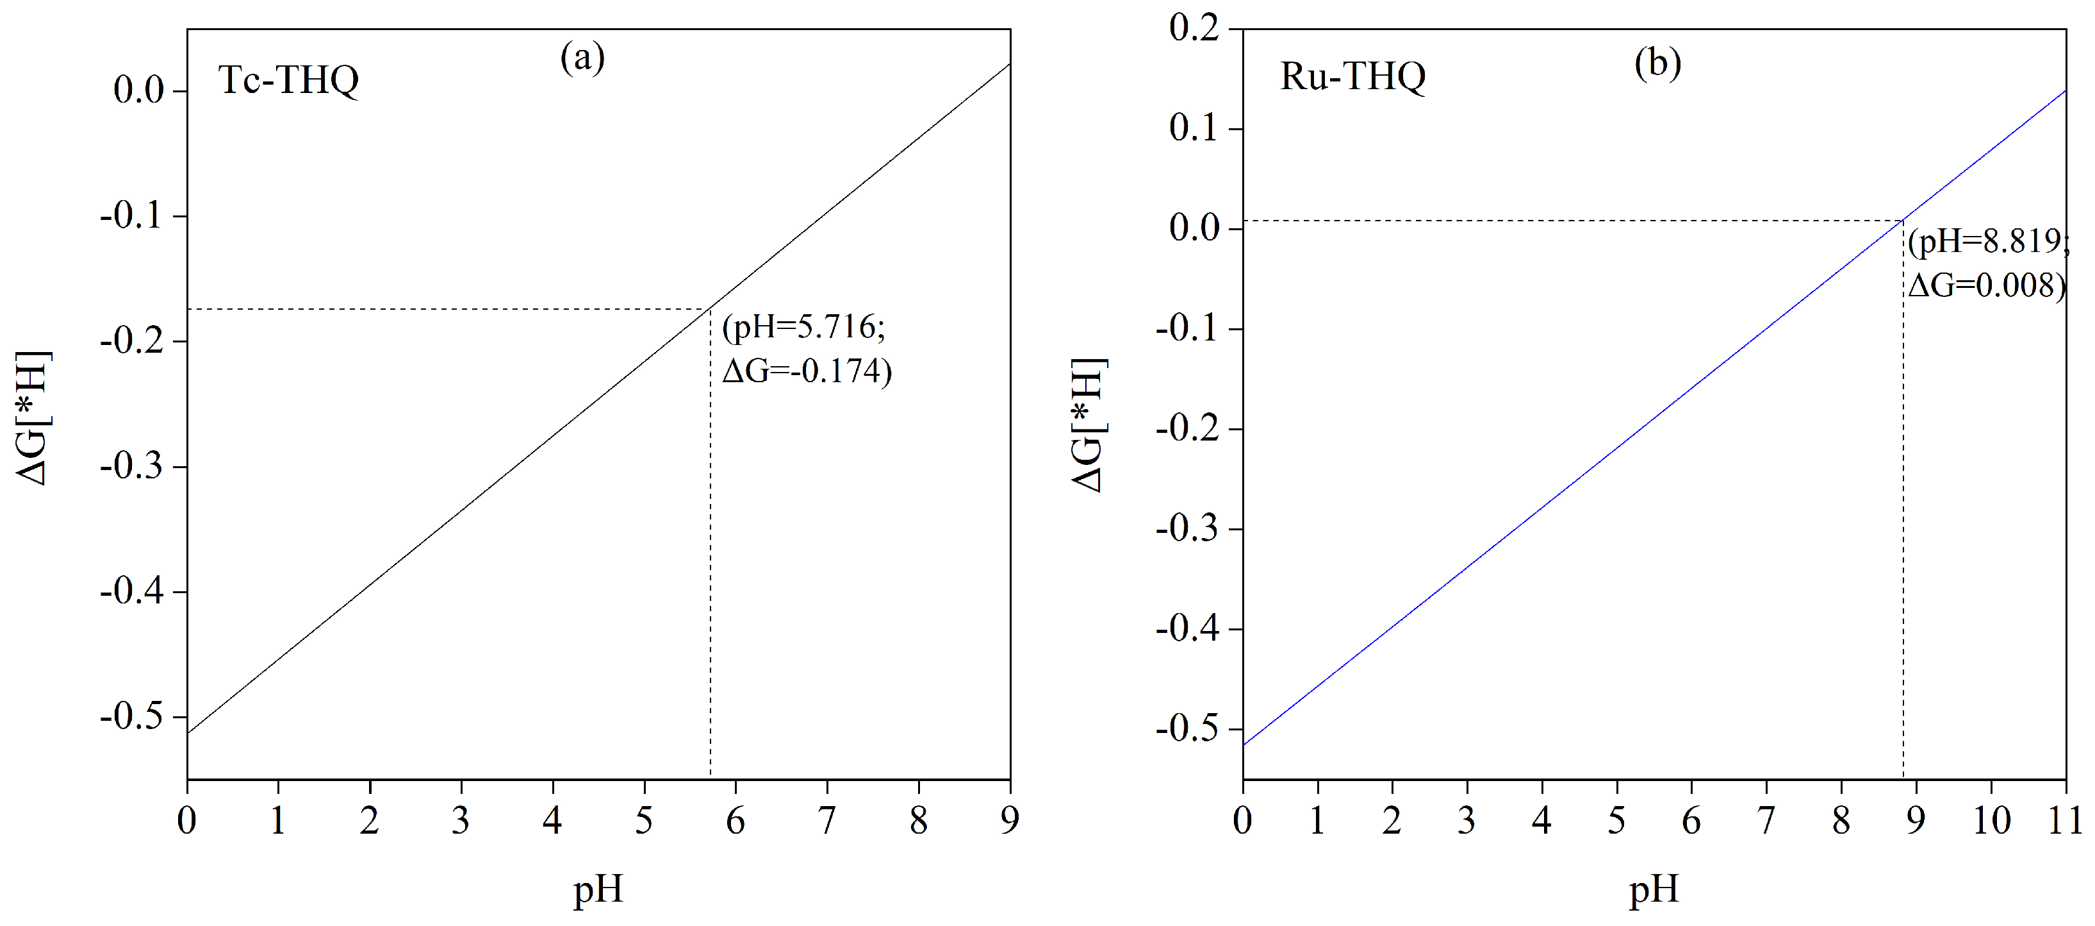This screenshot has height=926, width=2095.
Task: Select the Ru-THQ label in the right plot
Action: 1352,76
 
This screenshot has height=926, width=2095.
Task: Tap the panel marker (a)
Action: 582,58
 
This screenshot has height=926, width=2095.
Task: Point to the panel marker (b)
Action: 1657,63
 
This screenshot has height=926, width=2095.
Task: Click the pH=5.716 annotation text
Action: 803,327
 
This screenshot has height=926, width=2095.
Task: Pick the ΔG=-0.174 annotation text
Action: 807,371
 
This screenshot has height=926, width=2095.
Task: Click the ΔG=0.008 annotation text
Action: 1987,285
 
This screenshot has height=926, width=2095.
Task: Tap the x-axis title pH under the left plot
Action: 598,889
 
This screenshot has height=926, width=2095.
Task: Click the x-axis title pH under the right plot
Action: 1654,889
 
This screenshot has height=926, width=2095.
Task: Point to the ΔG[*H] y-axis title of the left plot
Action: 34,418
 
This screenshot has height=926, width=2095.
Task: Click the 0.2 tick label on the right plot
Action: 1194,28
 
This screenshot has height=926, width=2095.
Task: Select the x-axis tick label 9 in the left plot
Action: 1009,820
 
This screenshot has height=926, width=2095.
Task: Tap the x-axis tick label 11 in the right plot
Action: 2065,820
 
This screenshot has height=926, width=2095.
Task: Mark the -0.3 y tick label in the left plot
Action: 132,466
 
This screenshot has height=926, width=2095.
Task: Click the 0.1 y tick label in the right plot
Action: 1194,128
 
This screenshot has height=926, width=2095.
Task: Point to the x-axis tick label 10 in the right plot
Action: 1991,820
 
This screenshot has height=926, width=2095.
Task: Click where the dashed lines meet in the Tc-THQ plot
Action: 711,309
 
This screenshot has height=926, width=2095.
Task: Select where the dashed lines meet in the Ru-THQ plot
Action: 1903,221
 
